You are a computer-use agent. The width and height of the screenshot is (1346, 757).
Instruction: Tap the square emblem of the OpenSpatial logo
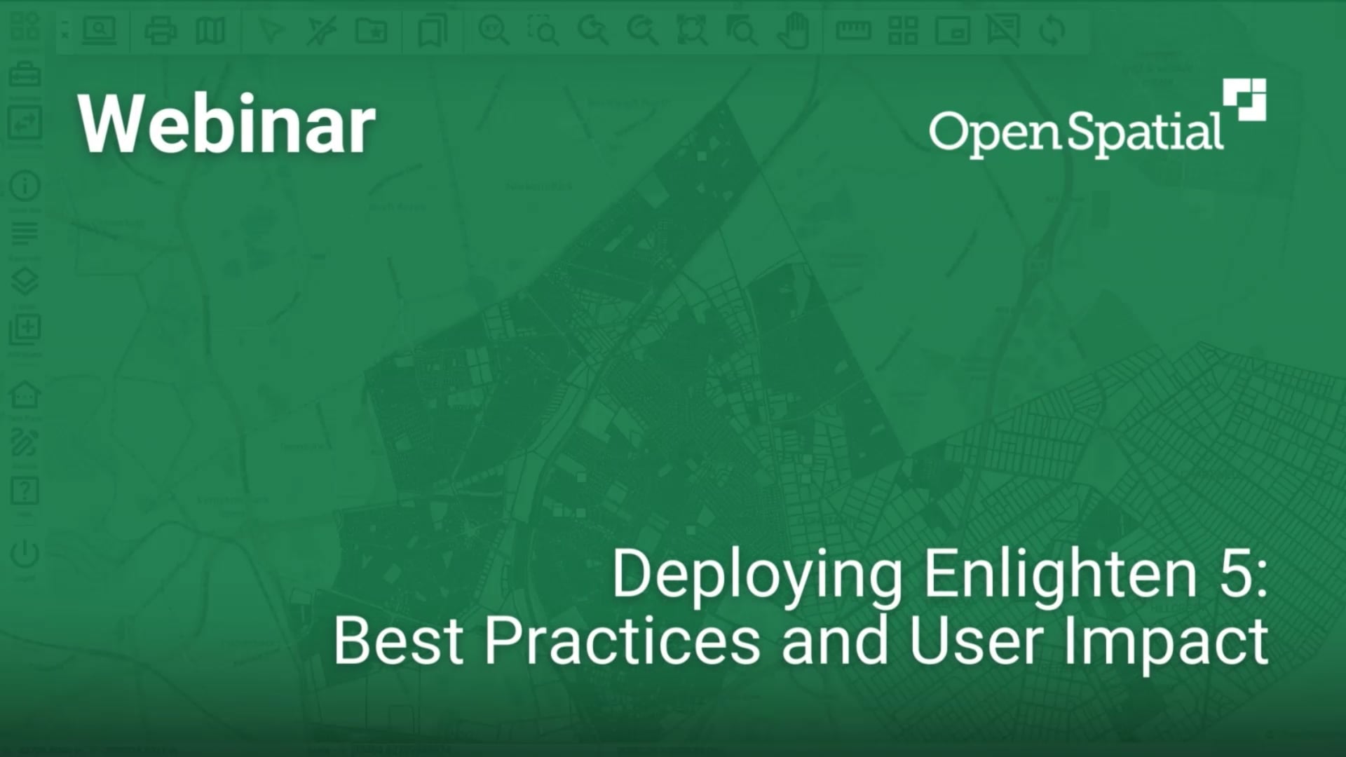(x=1245, y=100)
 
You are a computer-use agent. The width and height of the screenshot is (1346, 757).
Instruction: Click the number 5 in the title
(x=1235, y=575)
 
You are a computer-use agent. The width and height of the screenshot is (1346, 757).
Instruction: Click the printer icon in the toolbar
(x=160, y=31)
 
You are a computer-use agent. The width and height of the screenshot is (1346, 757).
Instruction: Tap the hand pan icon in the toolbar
(x=794, y=31)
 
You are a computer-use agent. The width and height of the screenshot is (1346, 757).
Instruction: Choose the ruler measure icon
(x=853, y=31)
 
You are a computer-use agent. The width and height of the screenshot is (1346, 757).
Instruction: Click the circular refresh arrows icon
(x=1052, y=31)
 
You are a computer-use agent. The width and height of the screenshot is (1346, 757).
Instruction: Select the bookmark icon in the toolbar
(x=432, y=31)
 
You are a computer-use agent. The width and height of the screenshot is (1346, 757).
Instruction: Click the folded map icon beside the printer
(x=210, y=31)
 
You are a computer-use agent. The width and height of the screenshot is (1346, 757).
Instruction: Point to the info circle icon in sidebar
(x=25, y=186)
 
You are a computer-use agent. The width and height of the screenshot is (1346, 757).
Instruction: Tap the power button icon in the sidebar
(x=25, y=554)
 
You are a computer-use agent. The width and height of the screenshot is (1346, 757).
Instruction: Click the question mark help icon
(x=25, y=491)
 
